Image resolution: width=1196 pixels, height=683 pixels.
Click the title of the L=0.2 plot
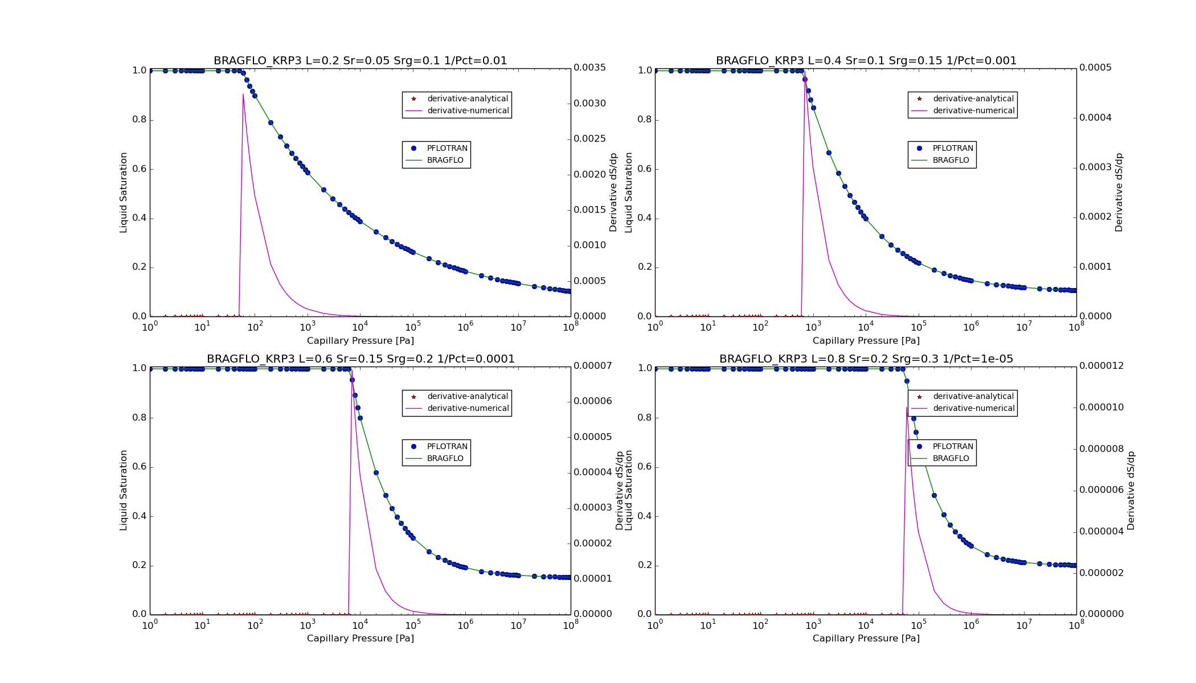coord(360,60)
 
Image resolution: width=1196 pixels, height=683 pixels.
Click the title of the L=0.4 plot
coord(866,60)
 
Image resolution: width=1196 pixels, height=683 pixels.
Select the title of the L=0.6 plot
coord(361,359)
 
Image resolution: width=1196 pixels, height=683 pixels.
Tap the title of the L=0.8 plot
coord(866,359)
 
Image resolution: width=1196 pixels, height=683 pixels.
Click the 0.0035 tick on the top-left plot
coord(589,68)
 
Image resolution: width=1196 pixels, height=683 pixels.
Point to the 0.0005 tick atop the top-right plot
coord(1095,68)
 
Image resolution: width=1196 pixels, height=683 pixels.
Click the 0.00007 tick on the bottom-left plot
coord(592,365)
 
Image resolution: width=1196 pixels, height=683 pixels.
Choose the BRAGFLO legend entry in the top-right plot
coord(951,160)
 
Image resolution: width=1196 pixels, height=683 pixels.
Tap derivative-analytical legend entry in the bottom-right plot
coord(973,396)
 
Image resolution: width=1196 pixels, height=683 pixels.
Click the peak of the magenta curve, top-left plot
coord(243,94)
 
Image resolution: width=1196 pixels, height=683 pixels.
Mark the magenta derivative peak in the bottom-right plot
coord(907,408)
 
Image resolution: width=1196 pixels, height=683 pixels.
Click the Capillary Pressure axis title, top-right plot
coord(866,340)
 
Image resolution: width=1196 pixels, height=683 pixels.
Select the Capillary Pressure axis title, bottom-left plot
coord(361,638)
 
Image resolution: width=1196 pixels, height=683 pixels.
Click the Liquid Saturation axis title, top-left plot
coord(124,192)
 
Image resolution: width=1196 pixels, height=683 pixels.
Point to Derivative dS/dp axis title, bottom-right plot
coord(1131,491)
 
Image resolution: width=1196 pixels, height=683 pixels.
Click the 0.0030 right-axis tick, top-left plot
coord(589,103)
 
